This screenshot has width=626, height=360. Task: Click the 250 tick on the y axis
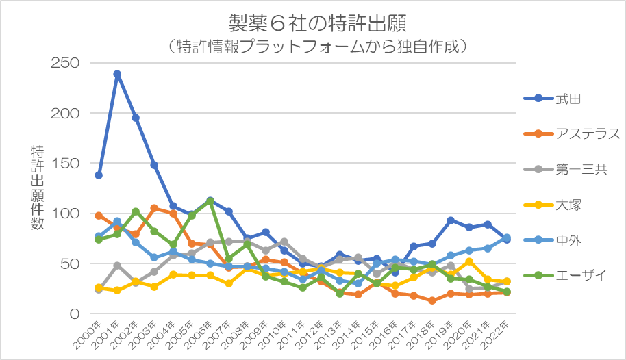[66, 63]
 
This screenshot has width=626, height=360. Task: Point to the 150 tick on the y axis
[66, 164]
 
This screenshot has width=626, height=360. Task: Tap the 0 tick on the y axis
[74, 314]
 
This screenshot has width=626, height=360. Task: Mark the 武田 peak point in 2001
[117, 74]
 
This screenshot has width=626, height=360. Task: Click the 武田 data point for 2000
[99, 175]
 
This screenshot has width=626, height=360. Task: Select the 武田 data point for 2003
[154, 165]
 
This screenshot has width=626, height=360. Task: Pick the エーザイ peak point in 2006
[210, 201]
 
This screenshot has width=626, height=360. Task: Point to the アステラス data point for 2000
[99, 216]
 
